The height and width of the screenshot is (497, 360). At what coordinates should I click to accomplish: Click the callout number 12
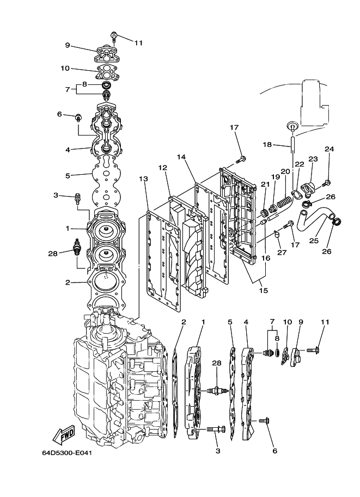(162, 168)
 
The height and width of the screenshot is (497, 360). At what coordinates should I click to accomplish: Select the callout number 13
(143, 179)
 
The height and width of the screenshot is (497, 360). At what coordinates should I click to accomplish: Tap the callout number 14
(181, 157)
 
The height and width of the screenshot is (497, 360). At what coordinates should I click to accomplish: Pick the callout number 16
(266, 258)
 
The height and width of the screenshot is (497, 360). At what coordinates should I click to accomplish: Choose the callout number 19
(276, 177)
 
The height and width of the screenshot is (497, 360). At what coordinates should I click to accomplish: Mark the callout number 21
(265, 185)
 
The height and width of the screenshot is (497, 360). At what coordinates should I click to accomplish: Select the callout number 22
(299, 164)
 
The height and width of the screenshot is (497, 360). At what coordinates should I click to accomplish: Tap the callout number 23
(313, 159)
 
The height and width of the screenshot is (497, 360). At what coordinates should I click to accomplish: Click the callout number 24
(329, 149)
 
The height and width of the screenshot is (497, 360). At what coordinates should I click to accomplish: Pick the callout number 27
(281, 251)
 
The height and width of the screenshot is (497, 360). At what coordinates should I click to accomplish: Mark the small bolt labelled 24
(327, 182)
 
